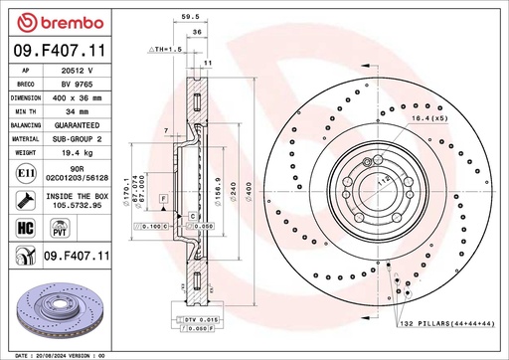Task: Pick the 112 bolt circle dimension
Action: point(382,179)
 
